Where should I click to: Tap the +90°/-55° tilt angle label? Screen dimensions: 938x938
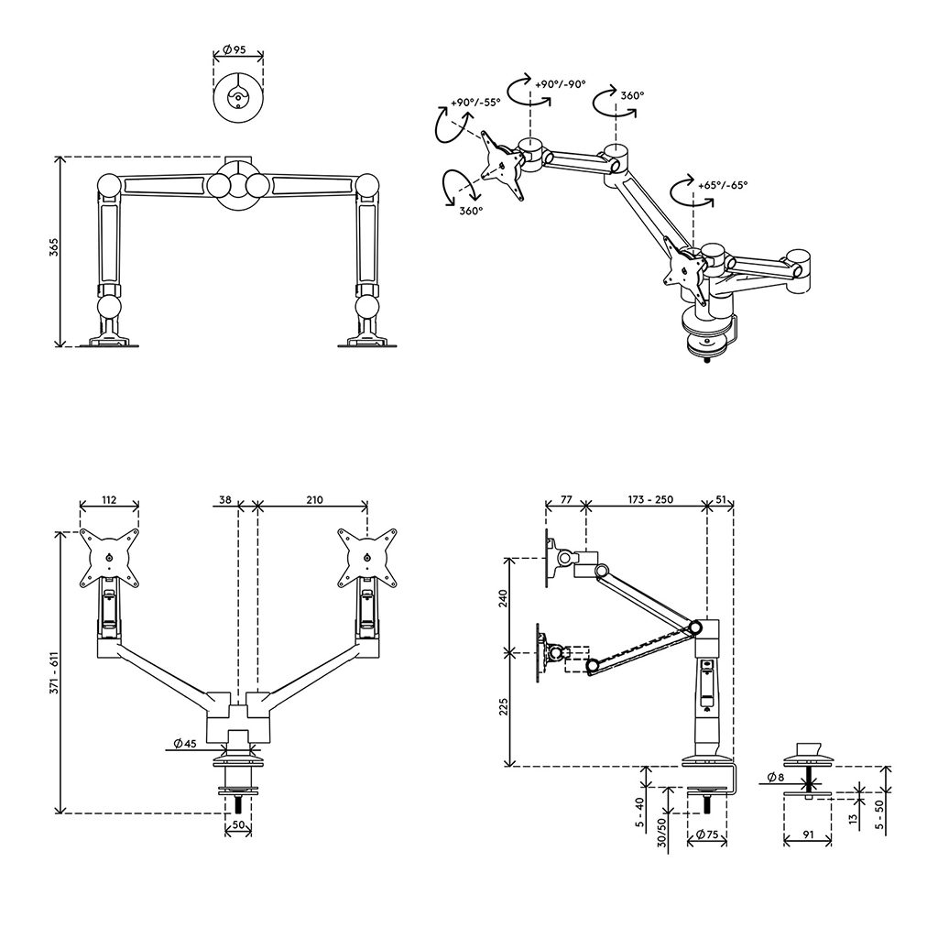[x=475, y=103]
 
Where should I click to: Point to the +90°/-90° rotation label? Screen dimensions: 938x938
[x=560, y=83]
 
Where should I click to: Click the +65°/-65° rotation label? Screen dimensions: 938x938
[x=723, y=184]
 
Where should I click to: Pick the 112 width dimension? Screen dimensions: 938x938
[x=109, y=500]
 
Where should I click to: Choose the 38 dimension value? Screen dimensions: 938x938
[x=225, y=500]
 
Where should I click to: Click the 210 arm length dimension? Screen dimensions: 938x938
[x=313, y=500]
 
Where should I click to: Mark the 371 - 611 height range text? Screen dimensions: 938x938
[x=54, y=672]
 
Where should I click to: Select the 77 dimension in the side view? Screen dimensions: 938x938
[x=565, y=500]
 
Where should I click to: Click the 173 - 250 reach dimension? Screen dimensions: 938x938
[x=650, y=500]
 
